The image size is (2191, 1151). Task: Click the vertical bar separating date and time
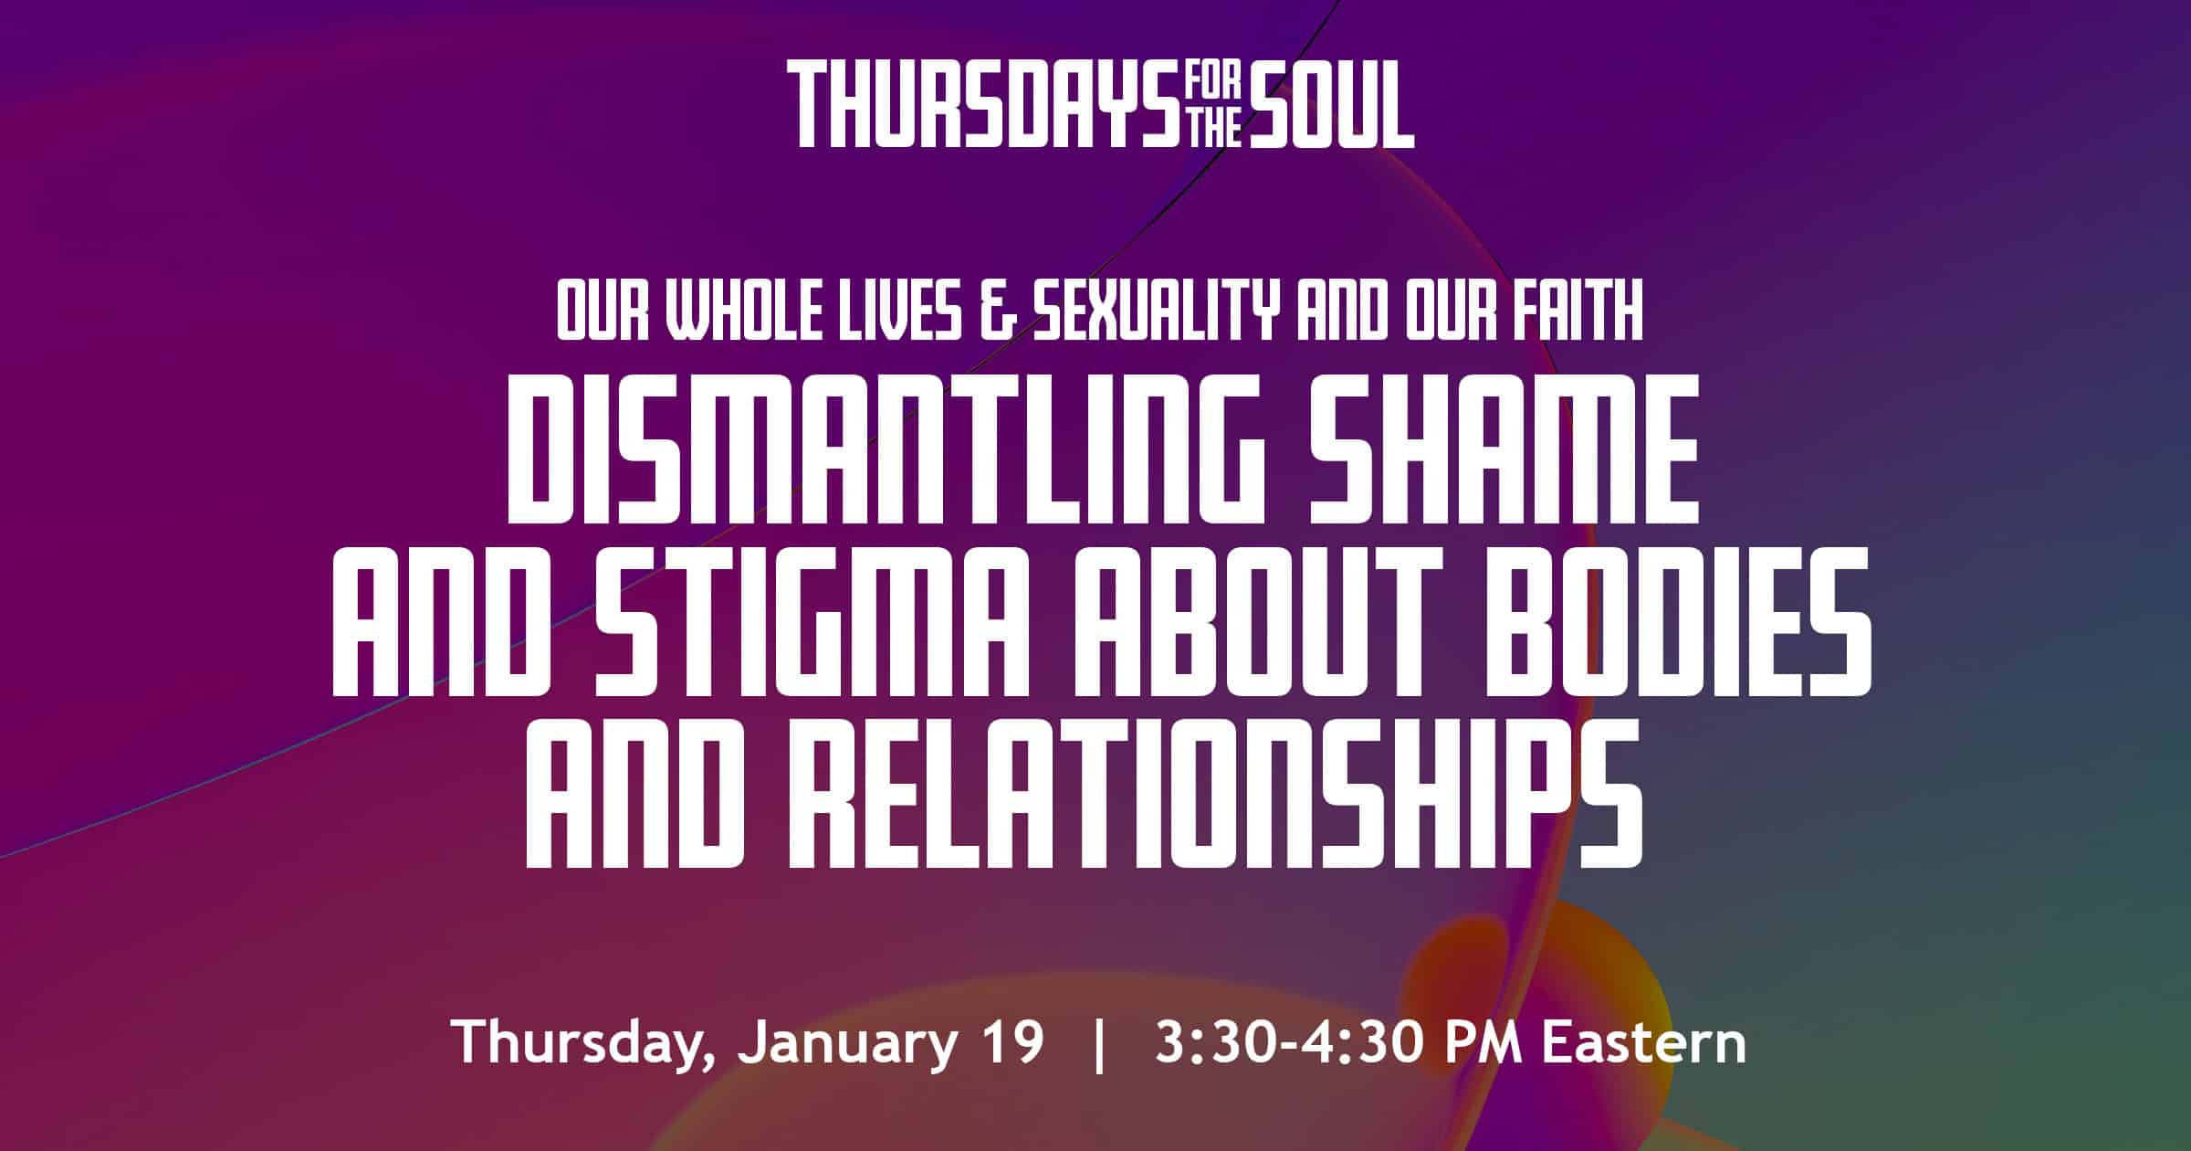coord(1099,1043)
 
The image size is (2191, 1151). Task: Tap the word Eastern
coord(1644,1041)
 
